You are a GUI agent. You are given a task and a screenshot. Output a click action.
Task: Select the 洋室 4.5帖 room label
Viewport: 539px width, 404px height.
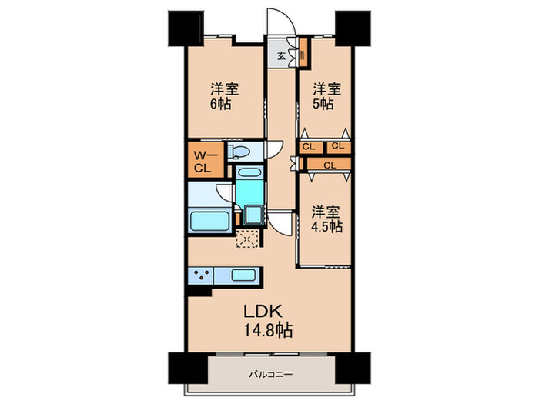326,219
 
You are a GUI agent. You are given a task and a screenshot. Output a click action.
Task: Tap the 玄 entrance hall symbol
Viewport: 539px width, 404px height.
282,55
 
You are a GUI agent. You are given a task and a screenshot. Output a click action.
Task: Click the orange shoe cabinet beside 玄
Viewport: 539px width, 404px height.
303,55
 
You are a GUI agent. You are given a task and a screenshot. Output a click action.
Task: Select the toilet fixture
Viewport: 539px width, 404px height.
239,151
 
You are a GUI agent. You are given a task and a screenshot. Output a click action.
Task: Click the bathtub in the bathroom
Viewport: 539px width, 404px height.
209,221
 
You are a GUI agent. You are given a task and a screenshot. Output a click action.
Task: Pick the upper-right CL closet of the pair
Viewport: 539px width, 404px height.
337,146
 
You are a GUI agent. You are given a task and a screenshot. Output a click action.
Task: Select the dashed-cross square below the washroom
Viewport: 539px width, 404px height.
248,239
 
